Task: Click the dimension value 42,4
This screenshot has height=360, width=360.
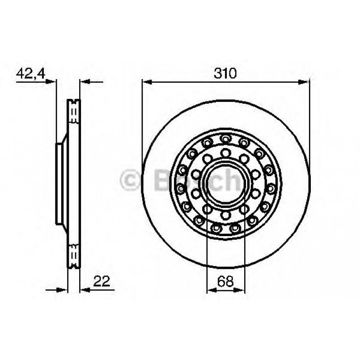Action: (30, 73)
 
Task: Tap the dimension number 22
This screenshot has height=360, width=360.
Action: (102, 281)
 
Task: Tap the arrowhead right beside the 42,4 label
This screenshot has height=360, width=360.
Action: (53, 82)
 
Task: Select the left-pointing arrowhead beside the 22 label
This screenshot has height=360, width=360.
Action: (84, 290)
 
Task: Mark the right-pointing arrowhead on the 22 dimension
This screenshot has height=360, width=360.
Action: (64, 290)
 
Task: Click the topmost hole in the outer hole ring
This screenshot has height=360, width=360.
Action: (225, 138)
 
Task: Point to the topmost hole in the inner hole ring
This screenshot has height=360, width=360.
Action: (226, 153)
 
